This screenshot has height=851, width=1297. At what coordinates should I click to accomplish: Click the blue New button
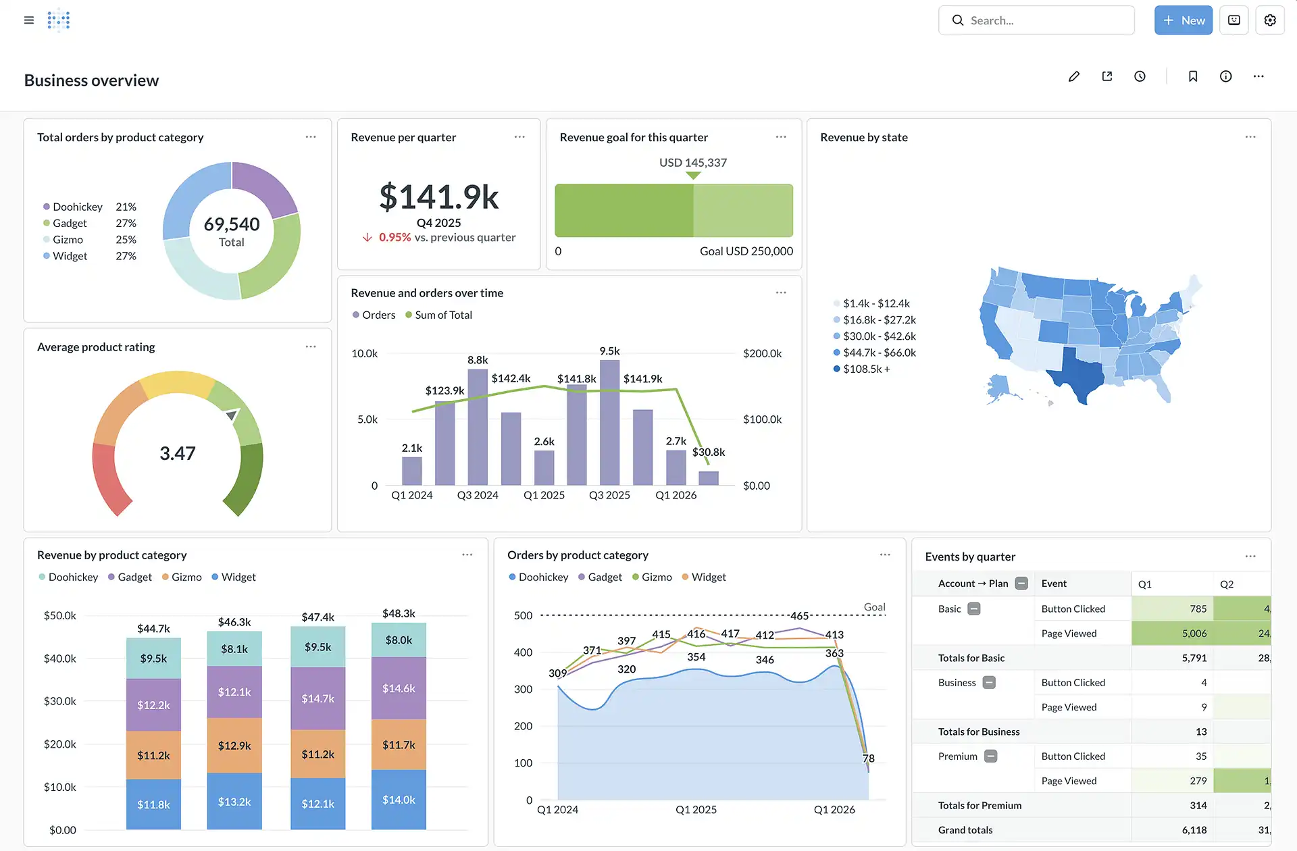1184,20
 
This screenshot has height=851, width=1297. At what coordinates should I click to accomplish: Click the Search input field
1036,20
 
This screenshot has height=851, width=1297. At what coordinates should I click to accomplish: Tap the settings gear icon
1270,20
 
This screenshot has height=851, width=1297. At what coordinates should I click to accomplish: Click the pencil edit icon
1074,76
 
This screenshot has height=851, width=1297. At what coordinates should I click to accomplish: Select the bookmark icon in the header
1193,76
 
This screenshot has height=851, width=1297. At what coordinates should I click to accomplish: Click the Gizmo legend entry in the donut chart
68,240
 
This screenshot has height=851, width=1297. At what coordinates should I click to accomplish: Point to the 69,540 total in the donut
232,224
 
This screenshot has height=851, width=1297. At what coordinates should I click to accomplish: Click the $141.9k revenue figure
439,197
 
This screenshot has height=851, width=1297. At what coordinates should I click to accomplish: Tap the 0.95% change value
395,238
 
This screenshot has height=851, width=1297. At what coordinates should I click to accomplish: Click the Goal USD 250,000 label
746,251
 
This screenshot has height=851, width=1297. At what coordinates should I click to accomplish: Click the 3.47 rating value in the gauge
178,453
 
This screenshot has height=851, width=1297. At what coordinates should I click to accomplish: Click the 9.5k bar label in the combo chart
609,351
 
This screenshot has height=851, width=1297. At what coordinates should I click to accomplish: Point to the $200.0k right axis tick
762,353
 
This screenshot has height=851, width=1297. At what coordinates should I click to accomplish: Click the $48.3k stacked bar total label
399,613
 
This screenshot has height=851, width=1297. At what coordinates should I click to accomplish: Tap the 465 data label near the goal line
799,616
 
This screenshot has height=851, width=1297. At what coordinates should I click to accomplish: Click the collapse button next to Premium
991,756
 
